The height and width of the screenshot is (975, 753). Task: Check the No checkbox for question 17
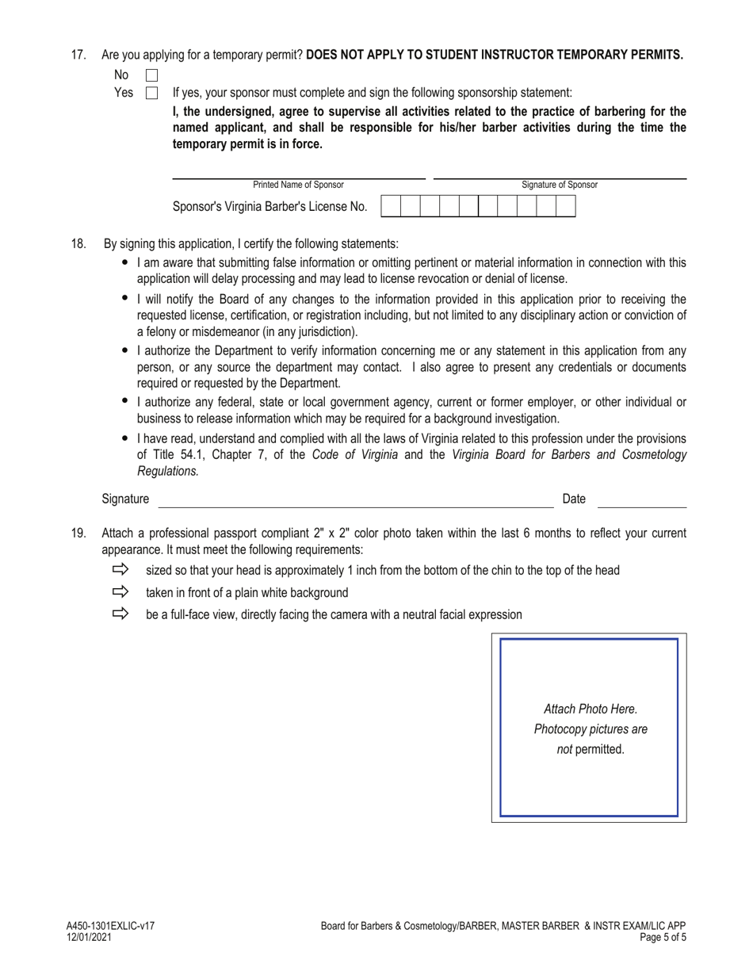pyautogui.click(x=152, y=75)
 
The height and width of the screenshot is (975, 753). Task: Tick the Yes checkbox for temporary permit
pyautogui.click(x=152, y=93)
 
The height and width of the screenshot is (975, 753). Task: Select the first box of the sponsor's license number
pyautogui.click(x=391, y=206)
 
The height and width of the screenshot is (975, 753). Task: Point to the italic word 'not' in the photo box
pyautogui.click(x=564, y=749)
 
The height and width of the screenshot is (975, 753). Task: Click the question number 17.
pyautogui.click(x=78, y=55)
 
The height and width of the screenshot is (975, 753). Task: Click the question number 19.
pyautogui.click(x=78, y=533)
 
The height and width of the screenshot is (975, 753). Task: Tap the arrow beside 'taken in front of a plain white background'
pyautogui.click(x=120, y=592)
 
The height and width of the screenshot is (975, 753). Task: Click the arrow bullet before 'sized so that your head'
pyautogui.click(x=120, y=570)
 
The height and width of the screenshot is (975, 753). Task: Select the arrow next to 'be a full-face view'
pyautogui.click(x=120, y=614)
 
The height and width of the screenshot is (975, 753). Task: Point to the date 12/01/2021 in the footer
pyautogui.click(x=89, y=937)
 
